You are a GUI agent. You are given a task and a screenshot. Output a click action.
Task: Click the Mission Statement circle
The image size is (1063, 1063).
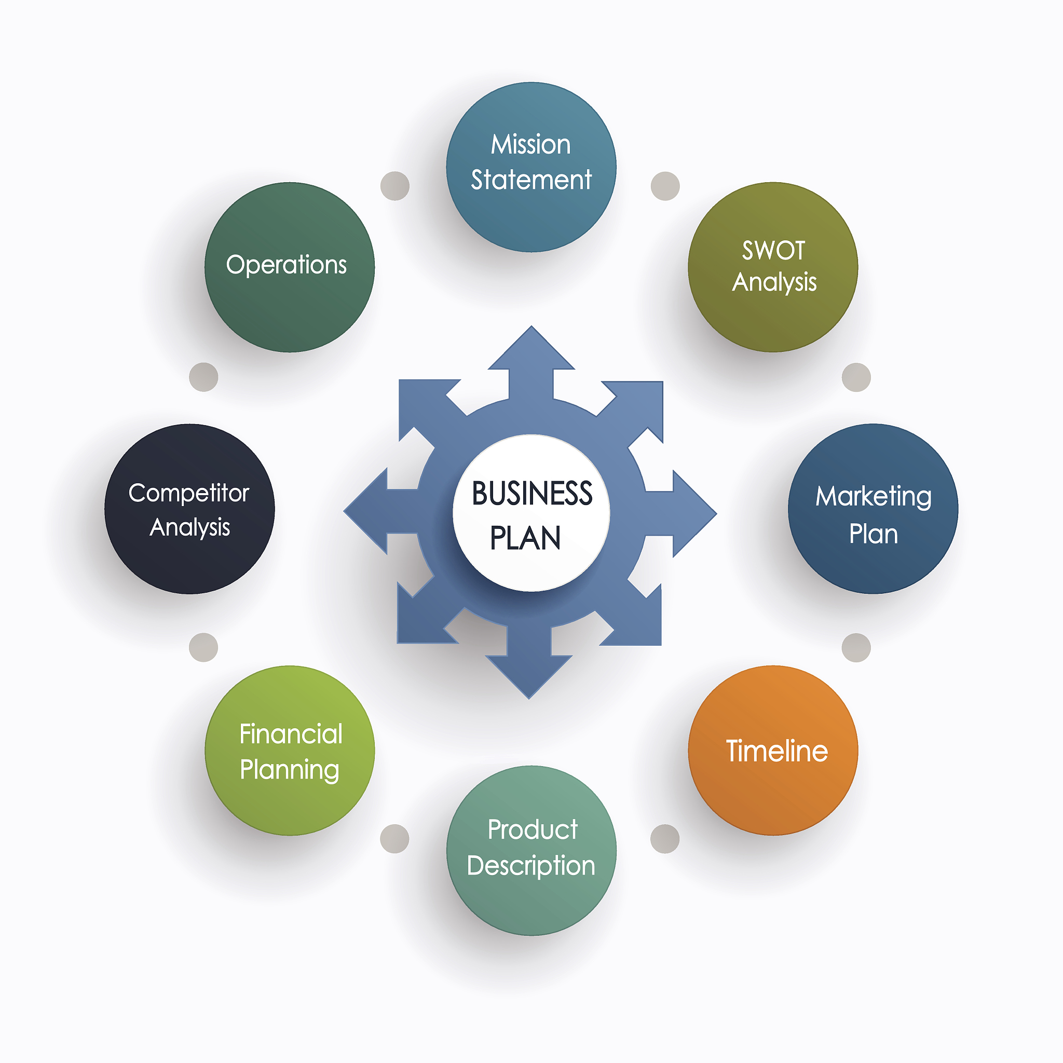pyautogui.click(x=531, y=167)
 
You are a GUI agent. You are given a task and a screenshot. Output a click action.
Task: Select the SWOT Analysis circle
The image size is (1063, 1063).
pyautogui.click(x=772, y=267)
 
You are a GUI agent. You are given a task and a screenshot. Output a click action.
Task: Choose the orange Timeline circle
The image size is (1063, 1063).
pyautogui.click(x=772, y=751)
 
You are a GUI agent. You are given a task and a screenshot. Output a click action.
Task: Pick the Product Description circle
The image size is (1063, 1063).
pyautogui.click(x=531, y=851)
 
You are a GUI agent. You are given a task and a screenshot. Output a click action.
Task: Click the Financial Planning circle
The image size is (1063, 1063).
pyautogui.click(x=290, y=751)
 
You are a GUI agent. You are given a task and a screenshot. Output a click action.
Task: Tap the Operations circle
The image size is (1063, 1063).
pyautogui.click(x=290, y=267)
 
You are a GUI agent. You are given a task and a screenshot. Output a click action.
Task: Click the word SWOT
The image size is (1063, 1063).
pyautogui.click(x=773, y=251)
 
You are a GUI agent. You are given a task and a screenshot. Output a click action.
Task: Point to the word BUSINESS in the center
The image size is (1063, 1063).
pyautogui.click(x=532, y=494)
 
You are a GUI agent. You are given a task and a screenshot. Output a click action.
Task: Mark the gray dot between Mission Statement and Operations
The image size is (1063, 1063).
pyautogui.click(x=395, y=186)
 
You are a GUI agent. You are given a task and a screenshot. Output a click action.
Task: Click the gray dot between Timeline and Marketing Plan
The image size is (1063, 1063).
pyautogui.click(x=856, y=648)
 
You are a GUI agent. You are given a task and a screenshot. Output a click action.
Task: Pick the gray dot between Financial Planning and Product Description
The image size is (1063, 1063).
pyautogui.click(x=394, y=839)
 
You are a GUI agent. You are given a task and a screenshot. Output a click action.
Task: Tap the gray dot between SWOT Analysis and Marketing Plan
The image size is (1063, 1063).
pyautogui.click(x=856, y=377)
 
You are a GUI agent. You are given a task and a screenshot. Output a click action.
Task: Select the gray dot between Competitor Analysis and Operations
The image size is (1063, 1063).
pyautogui.click(x=203, y=377)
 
